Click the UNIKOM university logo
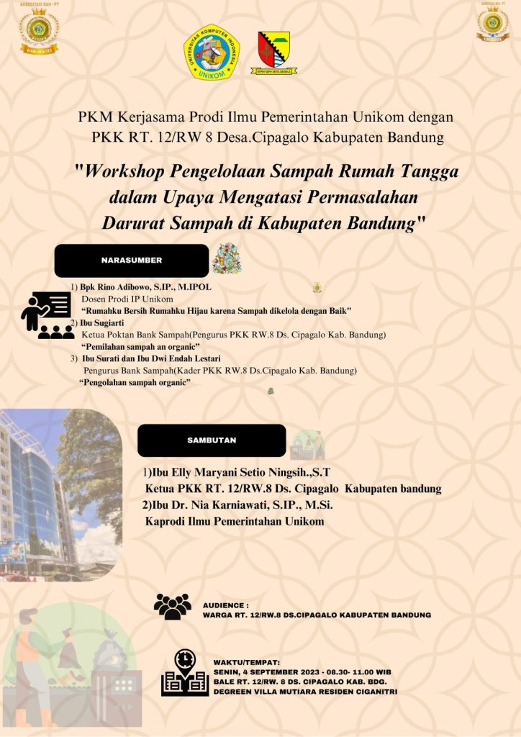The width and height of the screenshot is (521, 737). point(212,52)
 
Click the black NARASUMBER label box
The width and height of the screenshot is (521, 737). point(131,261)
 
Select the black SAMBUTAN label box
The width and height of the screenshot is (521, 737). point(212,440)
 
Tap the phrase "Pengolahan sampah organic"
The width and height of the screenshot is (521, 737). point(135,383)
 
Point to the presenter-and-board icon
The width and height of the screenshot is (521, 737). point(47,315)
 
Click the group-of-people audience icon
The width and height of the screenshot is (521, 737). point(173,606)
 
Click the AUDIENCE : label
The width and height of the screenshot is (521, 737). point(226,606)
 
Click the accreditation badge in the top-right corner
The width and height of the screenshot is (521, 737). point(493,22)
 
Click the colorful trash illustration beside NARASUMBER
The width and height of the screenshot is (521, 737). point(227,258)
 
